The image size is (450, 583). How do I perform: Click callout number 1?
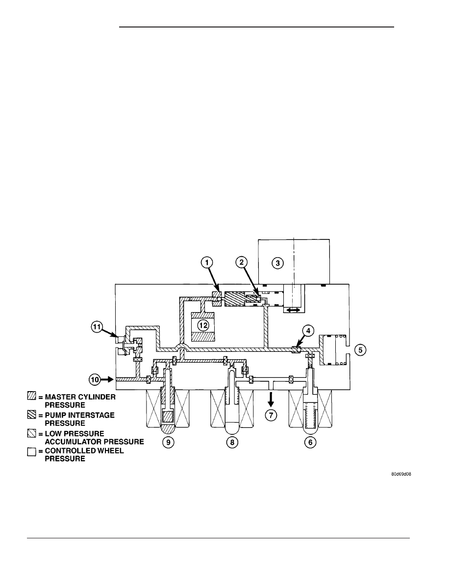point(207,263)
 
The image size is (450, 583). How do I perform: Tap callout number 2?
point(241,263)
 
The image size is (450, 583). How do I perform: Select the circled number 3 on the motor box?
point(277,264)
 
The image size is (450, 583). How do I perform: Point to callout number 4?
point(308,331)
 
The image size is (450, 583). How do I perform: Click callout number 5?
point(360,350)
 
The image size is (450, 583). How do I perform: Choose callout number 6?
point(310,442)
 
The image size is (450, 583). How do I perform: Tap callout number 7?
point(271,415)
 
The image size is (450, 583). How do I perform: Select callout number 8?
point(232,442)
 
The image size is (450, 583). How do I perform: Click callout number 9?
point(168,442)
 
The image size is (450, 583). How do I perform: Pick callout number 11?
point(97,327)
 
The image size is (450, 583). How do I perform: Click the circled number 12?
point(203,325)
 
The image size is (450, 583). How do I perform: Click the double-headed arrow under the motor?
point(293,309)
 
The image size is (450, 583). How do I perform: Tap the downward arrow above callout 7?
point(271,398)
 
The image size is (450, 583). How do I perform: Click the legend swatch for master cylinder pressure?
point(31,397)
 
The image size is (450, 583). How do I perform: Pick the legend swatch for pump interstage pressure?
point(31,415)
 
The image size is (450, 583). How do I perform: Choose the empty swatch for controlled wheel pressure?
point(31,452)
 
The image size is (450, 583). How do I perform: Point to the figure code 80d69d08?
point(401,474)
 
